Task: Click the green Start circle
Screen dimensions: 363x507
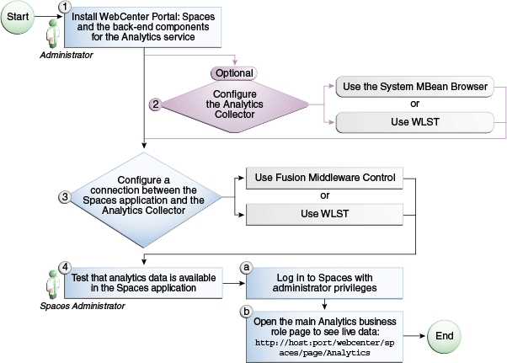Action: click(x=18, y=18)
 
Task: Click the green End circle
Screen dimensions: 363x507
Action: click(x=443, y=335)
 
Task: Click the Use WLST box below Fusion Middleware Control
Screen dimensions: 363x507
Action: click(x=320, y=214)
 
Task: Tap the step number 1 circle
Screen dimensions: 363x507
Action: click(x=64, y=7)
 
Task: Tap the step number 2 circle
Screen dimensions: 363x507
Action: click(x=155, y=104)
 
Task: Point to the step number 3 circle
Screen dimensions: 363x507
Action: click(x=64, y=196)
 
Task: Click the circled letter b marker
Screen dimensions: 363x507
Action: click(x=247, y=312)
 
